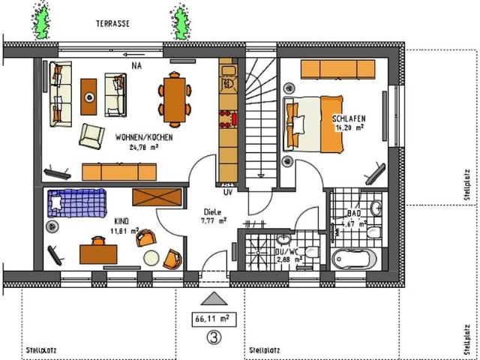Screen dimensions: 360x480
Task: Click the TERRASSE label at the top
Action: point(112,23)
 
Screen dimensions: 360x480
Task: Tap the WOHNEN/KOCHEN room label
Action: point(145,139)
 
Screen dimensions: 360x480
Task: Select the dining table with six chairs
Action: point(174,98)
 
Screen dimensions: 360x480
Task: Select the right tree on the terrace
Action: point(180,22)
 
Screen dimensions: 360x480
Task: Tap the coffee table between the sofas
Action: point(89,95)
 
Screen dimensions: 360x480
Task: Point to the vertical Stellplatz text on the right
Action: point(467,184)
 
